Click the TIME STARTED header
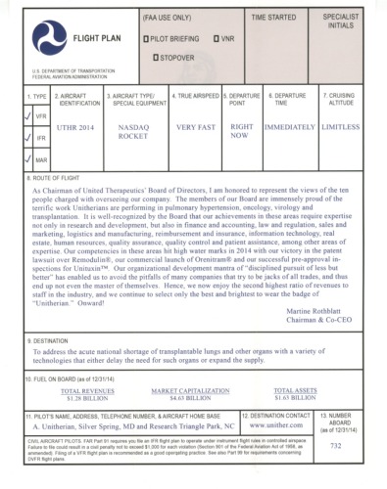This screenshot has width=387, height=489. [x=275, y=19]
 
